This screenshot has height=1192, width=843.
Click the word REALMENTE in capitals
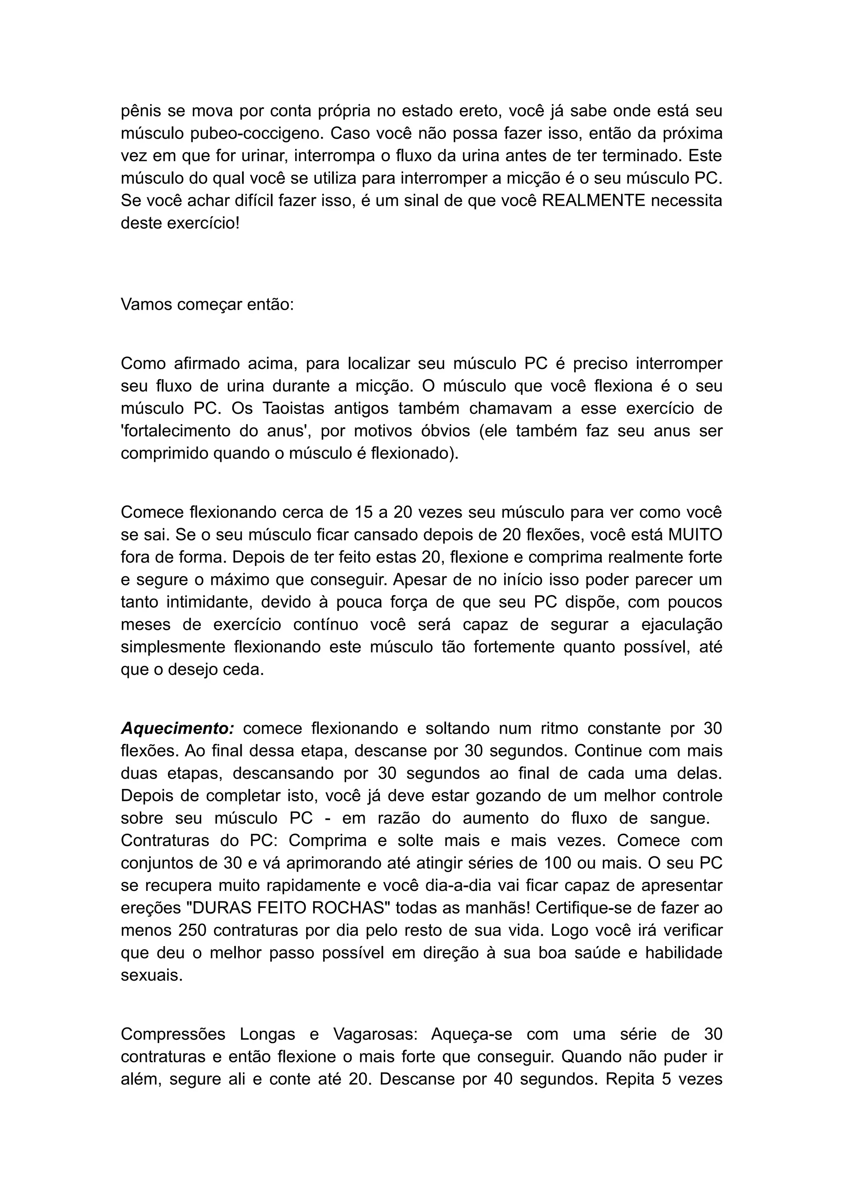(593, 200)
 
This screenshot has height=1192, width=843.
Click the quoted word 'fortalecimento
(175, 431)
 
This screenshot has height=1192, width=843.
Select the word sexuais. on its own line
(151, 975)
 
